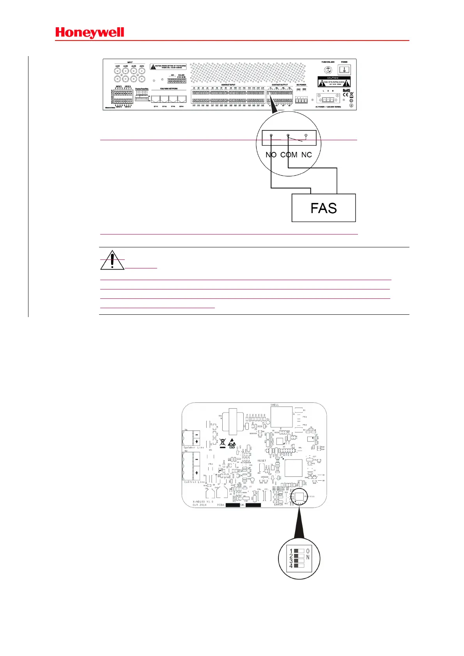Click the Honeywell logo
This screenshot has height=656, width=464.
[x=90, y=33]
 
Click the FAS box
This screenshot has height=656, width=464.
[x=324, y=208]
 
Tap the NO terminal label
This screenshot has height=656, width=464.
[x=271, y=155]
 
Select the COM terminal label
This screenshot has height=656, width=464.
[x=289, y=155]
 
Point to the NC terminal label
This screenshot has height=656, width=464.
[x=306, y=155]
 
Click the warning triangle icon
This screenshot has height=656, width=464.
[x=112, y=261]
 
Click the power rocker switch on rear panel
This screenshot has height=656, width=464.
[x=344, y=70]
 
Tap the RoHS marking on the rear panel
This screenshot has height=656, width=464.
[x=346, y=90]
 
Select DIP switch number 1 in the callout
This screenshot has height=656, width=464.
[x=299, y=551]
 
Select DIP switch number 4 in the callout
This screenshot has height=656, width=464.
[x=299, y=565]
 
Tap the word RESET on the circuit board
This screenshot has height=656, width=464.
[x=262, y=460]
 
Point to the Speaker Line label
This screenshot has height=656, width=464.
[x=194, y=448]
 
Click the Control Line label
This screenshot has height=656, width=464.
[x=194, y=482]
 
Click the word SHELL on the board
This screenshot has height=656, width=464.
[x=275, y=405]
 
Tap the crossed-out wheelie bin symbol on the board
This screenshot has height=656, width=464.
[x=223, y=443]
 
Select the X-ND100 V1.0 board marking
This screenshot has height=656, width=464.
[x=203, y=502]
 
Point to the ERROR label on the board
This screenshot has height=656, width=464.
[x=278, y=504]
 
